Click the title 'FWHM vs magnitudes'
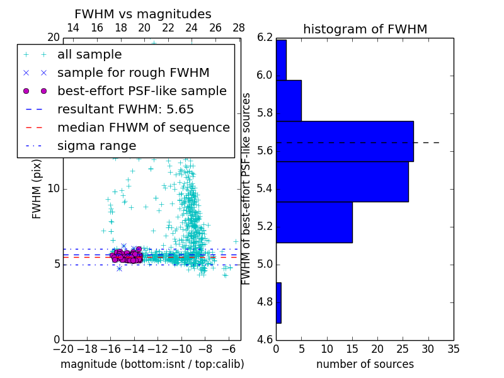pos(143,14)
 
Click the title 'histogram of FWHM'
pos(365,30)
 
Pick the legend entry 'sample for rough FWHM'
pos(133,72)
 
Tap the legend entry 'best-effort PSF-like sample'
pos(142,91)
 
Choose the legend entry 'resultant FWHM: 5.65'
pos(125,109)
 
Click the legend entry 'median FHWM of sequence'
pos(143,127)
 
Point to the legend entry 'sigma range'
pos(96,146)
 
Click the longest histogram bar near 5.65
pos(345,141)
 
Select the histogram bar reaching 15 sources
pos(314,222)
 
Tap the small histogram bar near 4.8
pos(278,302)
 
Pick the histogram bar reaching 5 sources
pos(289,100)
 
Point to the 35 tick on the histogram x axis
pos(453,348)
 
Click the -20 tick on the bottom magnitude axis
pos(62,348)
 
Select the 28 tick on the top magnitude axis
pos(239,28)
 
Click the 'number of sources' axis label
pos(365,364)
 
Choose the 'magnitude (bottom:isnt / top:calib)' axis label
pos(152,364)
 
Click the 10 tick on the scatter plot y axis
pos(54,189)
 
